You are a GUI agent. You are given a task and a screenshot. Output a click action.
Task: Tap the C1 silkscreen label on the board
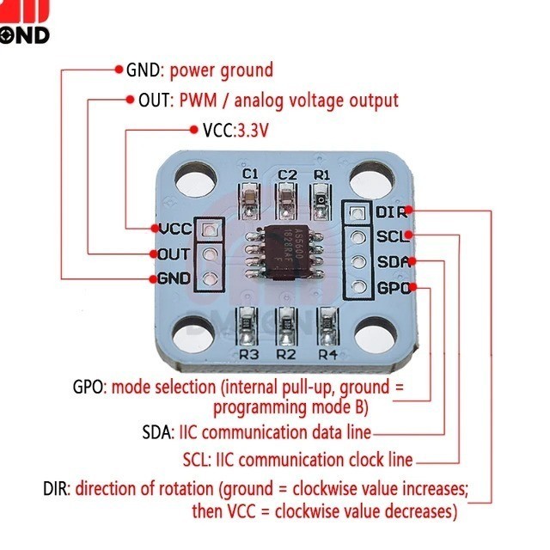point(250,174)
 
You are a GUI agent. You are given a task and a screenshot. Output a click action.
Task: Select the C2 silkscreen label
point(287,174)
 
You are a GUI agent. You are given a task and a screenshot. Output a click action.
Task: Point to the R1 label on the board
point(322,174)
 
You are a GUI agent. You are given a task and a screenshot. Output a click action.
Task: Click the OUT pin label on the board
point(174,254)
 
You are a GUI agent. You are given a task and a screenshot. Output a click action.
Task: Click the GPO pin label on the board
point(393,289)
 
